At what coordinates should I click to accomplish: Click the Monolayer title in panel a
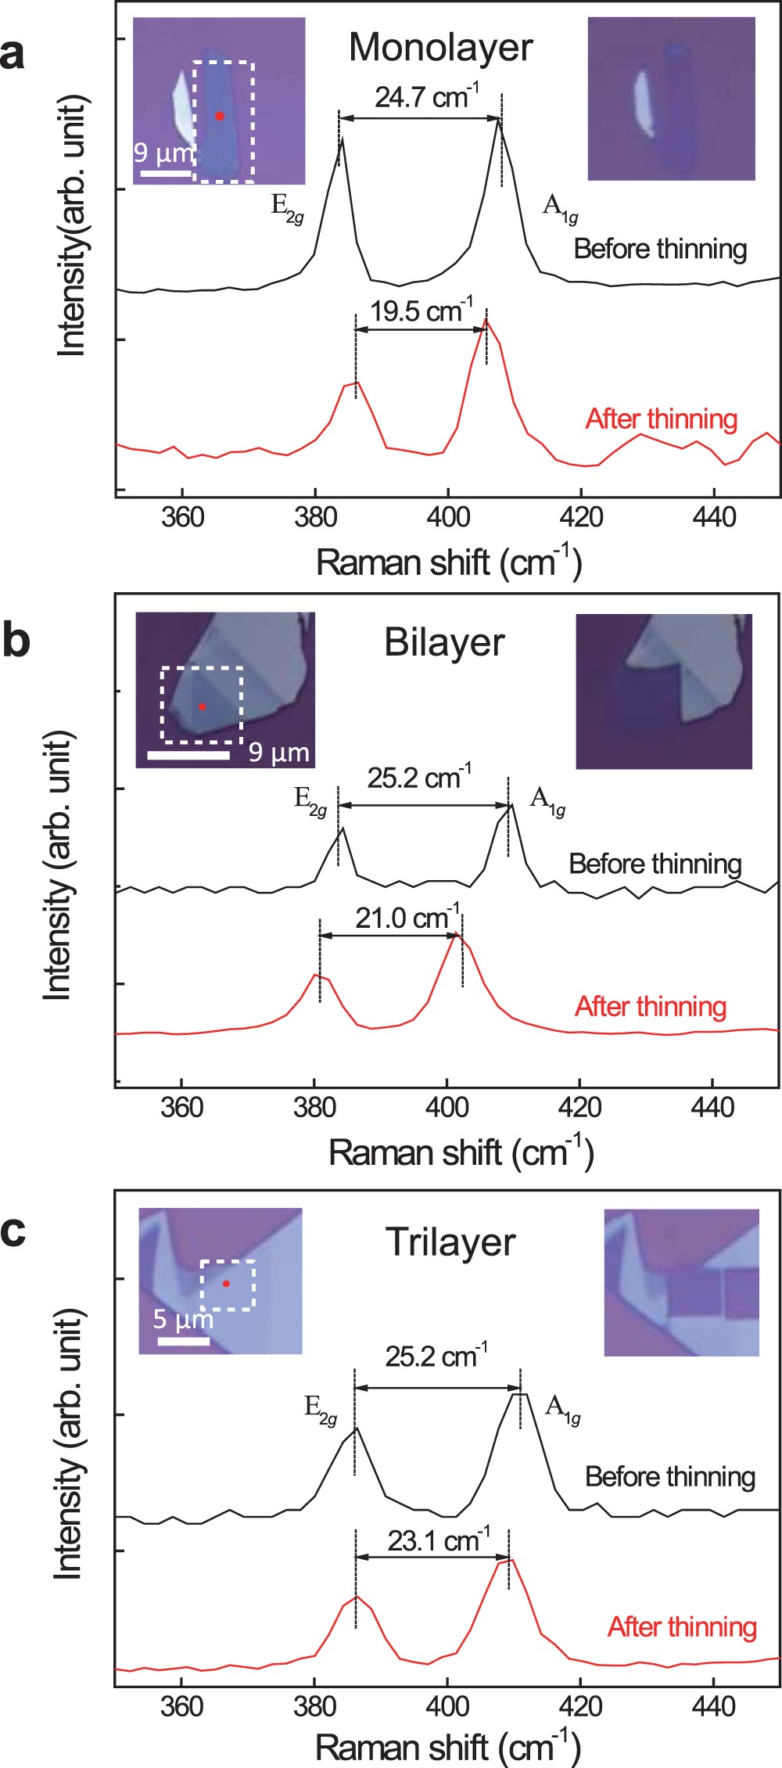tap(440, 49)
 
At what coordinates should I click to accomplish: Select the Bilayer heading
tap(444, 643)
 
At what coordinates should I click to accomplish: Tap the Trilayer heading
tap(450, 1242)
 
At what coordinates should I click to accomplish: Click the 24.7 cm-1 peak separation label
tap(426, 97)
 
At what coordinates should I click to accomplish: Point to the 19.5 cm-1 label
tap(421, 311)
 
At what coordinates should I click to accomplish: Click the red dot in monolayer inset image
tap(220, 116)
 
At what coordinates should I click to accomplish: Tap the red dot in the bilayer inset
tap(202, 706)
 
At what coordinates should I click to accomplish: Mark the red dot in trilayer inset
tap(226, 1284)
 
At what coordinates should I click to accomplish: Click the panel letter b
tap(16, 640)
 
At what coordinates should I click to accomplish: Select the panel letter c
tap(13, 1231)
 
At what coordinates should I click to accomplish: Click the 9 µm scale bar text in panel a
tap(163, 152)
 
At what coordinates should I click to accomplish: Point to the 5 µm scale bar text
tap(182, 1320)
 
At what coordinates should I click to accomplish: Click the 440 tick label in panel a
tap(713, 517)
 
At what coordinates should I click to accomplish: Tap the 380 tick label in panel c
tap(314, 1706)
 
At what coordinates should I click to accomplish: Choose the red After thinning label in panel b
tap(651, 1006)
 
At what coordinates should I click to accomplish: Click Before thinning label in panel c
tap(669, 1476)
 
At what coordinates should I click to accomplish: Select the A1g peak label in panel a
tap(560, 207)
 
